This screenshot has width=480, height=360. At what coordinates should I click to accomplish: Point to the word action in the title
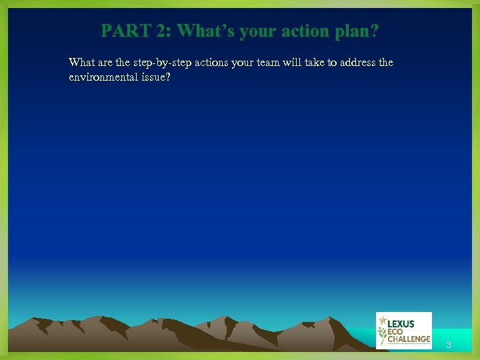click(x=305, y=31)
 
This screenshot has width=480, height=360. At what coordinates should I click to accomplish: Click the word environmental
click(x=103, y=77)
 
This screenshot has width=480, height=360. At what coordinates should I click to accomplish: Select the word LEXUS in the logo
click(x=401, y=323)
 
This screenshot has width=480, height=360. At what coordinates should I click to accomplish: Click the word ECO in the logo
click(x=396, y=331)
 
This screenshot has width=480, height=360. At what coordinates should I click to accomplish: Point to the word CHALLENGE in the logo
click(x=409, y=339)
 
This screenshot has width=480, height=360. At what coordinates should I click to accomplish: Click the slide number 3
click(x=449, y=345)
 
